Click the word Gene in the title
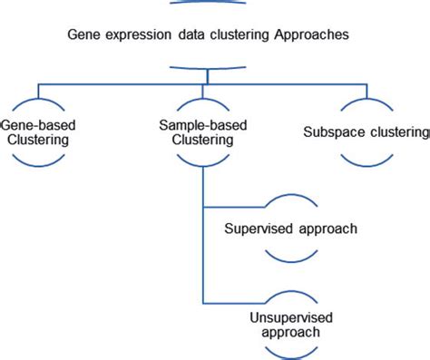pyautogui.click(x=83, y=35)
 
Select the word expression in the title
pyautogui.click(x=134, y=35)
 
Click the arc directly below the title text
pyautogui.click(x=209, y=65)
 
